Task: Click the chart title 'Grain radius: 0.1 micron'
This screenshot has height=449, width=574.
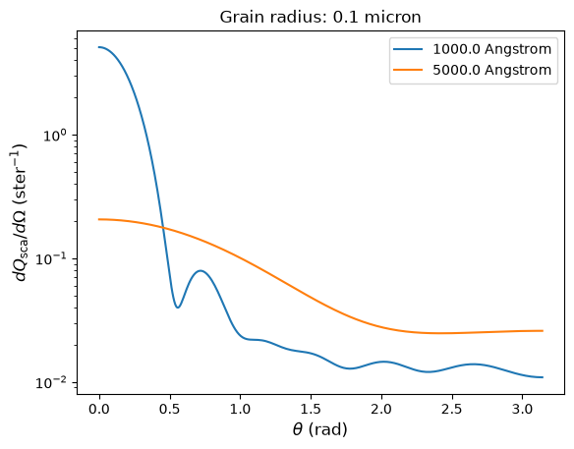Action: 320,18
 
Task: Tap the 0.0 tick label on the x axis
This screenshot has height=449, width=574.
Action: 99,409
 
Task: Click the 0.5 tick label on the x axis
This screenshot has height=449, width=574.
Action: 170,409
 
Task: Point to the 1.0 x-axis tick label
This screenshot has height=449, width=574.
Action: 240,409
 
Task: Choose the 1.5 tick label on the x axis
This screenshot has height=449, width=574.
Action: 311,409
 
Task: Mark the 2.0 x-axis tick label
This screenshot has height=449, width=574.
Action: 381,409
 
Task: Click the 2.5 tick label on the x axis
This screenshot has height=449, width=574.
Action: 452,409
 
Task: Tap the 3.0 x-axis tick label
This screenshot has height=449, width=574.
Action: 522,409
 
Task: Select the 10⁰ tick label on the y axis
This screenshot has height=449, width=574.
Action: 55,135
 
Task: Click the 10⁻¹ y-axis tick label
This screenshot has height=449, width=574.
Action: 51,258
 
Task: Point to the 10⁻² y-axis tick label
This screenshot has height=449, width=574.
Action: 51,382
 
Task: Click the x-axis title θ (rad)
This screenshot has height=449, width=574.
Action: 320,429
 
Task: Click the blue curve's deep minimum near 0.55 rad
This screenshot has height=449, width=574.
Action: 178,308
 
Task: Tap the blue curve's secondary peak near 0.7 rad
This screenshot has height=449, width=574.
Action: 201,270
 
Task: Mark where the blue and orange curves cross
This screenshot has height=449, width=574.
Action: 163,228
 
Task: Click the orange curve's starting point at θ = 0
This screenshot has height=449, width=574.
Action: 99,219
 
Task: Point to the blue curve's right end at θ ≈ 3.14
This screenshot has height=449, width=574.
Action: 543,377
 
